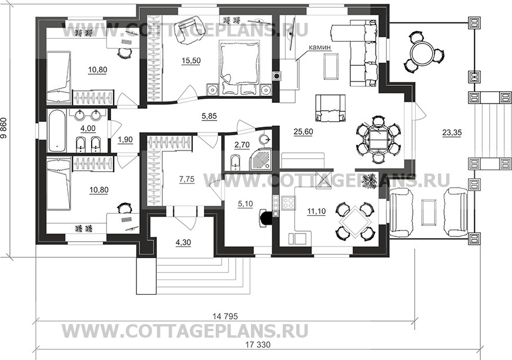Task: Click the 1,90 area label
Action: point(126,139)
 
